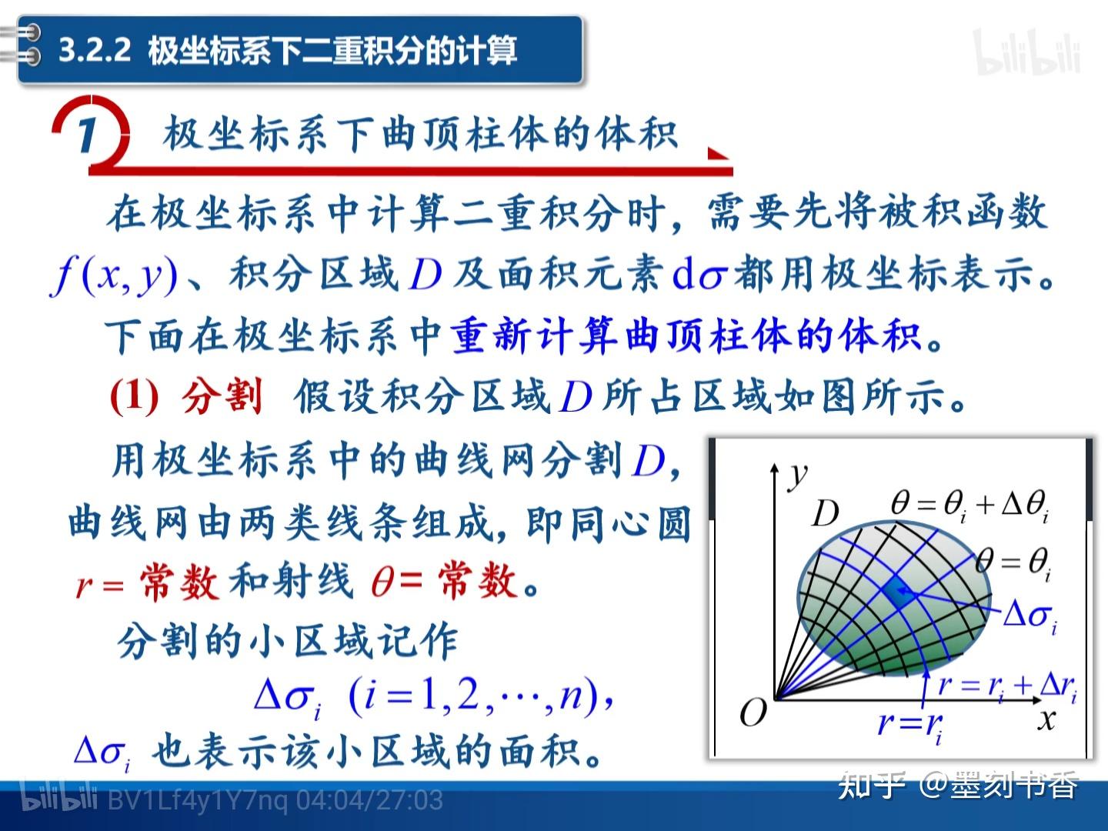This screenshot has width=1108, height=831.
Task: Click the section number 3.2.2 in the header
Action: (95, 50)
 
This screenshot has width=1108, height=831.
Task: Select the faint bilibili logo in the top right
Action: (1028, 52)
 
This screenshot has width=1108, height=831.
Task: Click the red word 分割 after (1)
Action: (222, 396)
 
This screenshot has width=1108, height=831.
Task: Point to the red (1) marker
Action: (134, 397)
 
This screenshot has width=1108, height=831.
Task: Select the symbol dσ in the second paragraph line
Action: (699, 275)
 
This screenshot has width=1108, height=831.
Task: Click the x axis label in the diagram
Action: (1046, 719)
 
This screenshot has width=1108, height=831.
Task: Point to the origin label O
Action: (753, 713)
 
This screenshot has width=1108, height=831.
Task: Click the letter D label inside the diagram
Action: (826, 514)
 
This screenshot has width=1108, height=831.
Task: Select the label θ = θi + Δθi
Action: (969, 506)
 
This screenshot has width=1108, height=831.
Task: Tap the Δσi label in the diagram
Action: (1030, 616)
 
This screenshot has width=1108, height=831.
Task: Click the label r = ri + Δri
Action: (1007, 687)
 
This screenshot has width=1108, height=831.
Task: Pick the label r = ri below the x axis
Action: (909, 726)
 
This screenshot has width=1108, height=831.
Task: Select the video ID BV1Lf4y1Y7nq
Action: (198, 800)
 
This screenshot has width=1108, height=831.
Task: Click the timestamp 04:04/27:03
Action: (369, 800)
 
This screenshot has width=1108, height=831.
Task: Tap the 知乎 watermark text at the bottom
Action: (872, 785)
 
